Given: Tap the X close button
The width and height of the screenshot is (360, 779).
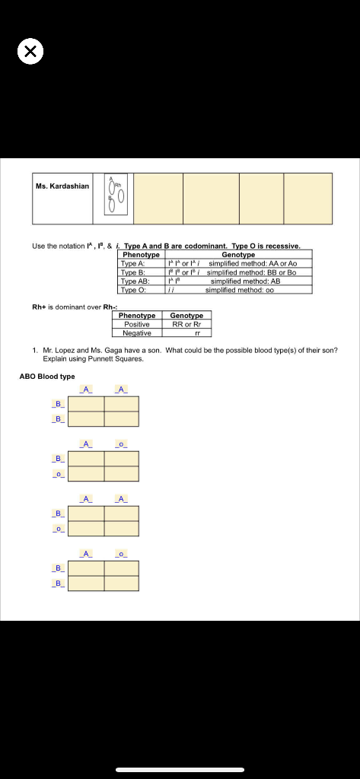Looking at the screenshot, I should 30,52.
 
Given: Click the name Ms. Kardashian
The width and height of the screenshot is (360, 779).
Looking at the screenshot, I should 62,186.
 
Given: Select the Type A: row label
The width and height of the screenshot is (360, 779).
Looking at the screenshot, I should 132,262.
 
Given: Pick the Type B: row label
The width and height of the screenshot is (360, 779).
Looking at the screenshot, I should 132,272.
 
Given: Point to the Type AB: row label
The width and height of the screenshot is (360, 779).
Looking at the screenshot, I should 134,281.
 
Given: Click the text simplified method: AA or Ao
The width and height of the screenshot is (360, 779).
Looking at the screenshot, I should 252,262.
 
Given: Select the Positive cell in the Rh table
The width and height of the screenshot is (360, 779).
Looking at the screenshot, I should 137,324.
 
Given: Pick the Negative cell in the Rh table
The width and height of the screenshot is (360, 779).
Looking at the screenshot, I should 137,333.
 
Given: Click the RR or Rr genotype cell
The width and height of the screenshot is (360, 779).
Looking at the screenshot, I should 186,324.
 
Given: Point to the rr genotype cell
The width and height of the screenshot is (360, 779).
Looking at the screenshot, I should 186,333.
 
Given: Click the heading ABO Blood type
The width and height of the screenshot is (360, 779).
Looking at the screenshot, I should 46,376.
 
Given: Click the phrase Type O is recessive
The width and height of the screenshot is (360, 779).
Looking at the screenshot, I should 266,246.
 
